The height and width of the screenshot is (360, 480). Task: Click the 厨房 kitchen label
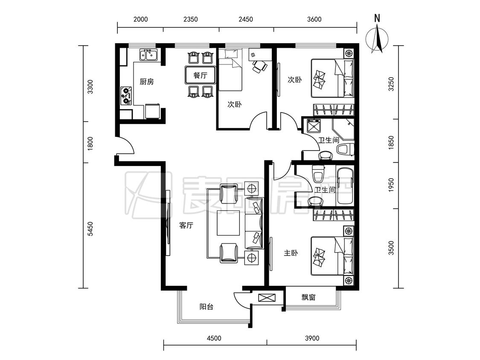[x=147, y=82]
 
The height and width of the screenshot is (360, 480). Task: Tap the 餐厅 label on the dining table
[x=200, y=75]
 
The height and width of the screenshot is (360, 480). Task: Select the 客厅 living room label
[x=186, y=226]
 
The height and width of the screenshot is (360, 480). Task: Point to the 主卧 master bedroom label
[x=291, y=253]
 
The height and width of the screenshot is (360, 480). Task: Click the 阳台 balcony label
[x=207, y=307]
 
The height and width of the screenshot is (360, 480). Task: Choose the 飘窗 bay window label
[x=308, y=297]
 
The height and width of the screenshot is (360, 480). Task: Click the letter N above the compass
[x=377, y=18]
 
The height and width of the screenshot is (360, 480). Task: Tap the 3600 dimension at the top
[x=314, y=19]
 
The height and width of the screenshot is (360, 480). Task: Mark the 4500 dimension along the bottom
[x=214, y=338]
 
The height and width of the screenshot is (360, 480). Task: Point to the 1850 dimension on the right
[x=391, y=142]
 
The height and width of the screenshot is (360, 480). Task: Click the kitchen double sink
[x=148, y=55]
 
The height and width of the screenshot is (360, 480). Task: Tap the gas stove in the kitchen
[x=126, y=96]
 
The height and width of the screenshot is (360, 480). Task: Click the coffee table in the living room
[x=228, y=223]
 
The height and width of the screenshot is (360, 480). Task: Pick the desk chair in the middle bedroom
[x=259, y=66]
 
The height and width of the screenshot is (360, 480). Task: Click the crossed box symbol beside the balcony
[x=267, y=298]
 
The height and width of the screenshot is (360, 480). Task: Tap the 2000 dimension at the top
[x=140, y=19]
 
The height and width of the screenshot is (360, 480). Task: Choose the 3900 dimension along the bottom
[x=312, y=338]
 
